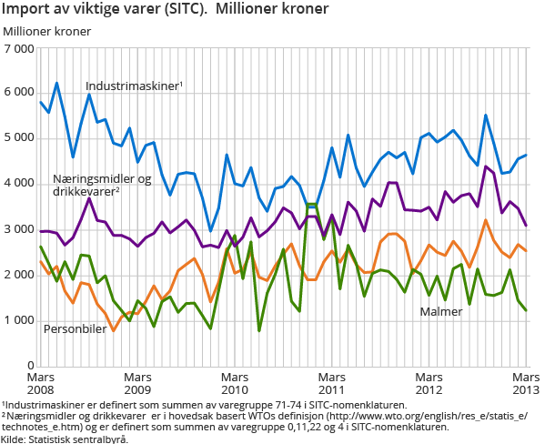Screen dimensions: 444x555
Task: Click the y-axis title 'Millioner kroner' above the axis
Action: (47, 31)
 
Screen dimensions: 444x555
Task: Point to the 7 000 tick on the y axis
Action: (20, 47)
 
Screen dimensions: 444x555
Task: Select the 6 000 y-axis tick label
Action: (20, 93)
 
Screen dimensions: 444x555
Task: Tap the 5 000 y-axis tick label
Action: (20, 138)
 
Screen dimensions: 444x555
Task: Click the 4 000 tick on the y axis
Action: (20, 184)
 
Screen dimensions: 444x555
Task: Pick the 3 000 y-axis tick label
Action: (20, 229)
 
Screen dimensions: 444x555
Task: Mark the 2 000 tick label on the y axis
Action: (20, 275)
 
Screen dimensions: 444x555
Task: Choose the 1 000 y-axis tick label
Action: (20, 320)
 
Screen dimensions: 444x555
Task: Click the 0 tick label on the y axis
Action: (30, 366)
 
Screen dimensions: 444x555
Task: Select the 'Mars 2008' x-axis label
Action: (41, 382)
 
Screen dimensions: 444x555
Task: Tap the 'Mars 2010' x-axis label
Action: (235, 382)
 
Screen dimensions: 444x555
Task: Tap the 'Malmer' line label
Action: (441, 312)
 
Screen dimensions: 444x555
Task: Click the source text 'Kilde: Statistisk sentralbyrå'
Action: (64, 438)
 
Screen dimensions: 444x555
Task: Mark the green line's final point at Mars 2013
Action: (526, 310)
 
